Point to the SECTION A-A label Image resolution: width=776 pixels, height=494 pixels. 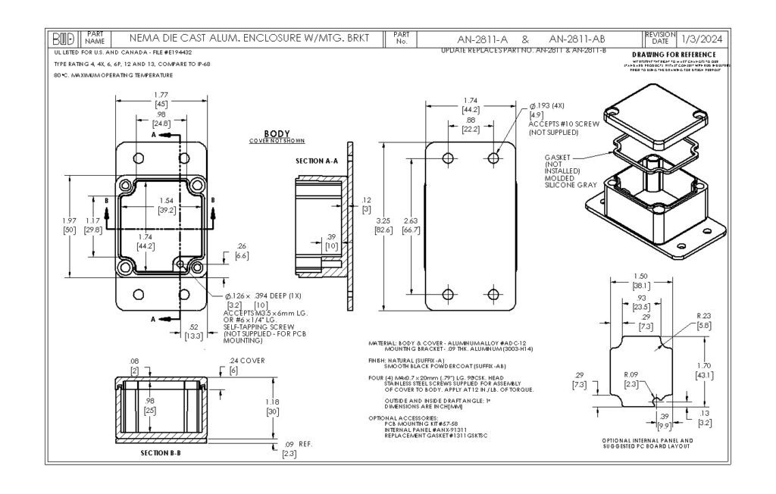pos(315,161)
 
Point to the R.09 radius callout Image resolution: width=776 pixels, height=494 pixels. pos(631,374)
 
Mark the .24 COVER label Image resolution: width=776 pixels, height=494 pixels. pos(247,361)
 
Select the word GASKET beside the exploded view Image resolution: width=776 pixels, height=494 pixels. pos(558,158)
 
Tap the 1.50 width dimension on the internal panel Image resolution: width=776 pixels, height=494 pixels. pos(642,277)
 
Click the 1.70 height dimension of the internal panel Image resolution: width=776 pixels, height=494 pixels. pos(704,365)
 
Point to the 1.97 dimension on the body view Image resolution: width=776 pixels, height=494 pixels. pos(69,220)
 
